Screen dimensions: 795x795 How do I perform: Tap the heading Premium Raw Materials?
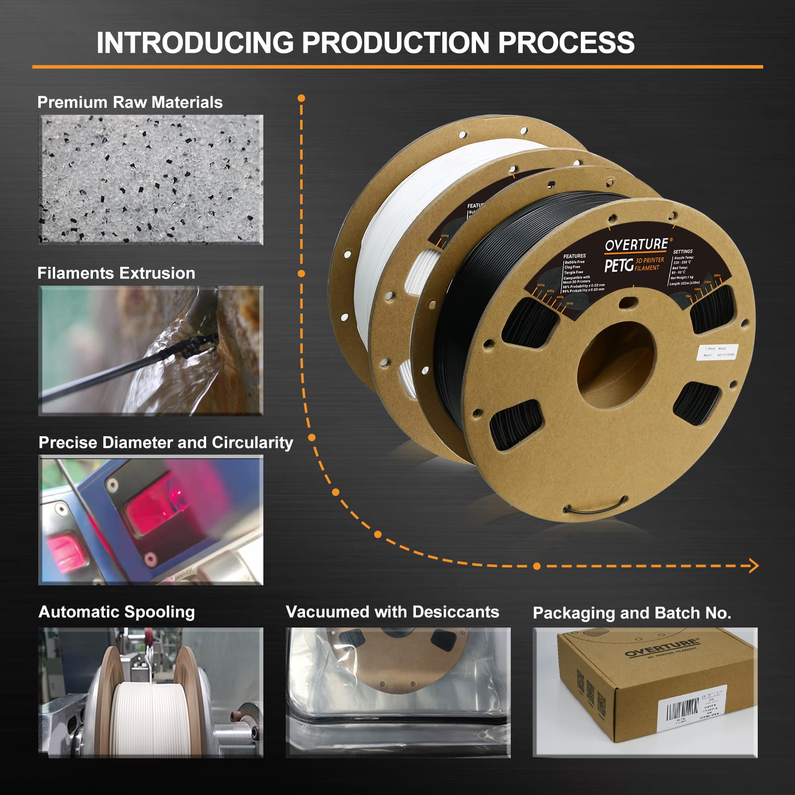[130, 102]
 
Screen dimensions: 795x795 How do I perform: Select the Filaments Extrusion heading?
[116, 273]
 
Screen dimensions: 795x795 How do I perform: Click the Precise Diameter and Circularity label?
[166, 443]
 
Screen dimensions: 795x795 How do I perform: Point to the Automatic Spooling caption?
[117, 612]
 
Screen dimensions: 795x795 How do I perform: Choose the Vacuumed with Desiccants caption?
[392, 612]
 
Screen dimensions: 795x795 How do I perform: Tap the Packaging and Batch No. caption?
[632, 613]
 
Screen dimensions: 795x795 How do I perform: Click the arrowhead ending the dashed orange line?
[754, 565]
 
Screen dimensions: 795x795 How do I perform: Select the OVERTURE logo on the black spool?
[636, 244]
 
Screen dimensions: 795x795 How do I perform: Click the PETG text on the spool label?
[619, 265]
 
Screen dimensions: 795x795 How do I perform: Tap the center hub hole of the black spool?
[616, 365]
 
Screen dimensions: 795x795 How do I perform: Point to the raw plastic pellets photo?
[151, 180]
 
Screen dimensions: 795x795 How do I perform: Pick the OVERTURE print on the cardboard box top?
[661, 648]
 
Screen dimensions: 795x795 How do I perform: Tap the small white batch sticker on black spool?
[718, 352]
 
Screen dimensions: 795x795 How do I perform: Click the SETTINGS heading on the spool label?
[682, 251]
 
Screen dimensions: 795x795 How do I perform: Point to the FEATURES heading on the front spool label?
[574, 256]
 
